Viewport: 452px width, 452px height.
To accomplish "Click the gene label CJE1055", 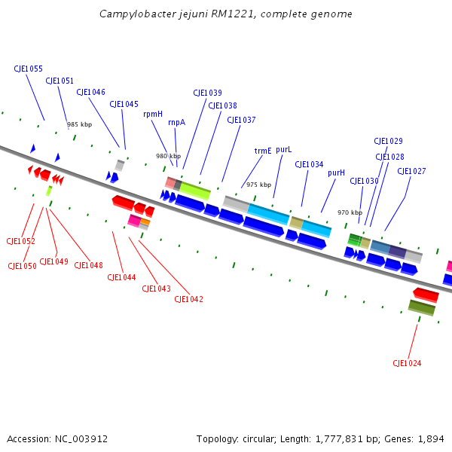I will (28, 69).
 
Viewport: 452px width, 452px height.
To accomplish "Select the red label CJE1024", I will (407, 363).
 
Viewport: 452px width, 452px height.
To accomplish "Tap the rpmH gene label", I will (153, 115).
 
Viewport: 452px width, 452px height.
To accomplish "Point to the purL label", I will (283, 150).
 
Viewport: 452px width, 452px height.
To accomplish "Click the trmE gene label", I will (263, 151).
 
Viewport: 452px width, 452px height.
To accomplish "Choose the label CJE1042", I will (188, 299).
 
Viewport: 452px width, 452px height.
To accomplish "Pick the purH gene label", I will (336, 173).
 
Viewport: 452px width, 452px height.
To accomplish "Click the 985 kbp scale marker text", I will (79, 124).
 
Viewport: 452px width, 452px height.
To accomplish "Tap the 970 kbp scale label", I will (350, 212).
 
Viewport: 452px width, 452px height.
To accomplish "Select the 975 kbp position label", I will (258, 185).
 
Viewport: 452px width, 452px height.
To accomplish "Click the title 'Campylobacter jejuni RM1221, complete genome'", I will (226, 14).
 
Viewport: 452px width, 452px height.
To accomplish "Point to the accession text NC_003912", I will (57, 438).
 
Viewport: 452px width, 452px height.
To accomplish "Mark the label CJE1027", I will (411, 171).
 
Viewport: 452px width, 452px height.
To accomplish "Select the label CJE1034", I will (309, 164).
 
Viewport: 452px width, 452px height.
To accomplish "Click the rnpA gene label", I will (176, 122).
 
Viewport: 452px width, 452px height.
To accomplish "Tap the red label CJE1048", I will (88, 265).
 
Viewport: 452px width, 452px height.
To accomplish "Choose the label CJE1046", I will (90, 92).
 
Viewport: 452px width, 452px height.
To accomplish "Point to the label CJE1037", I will (241, 120).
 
